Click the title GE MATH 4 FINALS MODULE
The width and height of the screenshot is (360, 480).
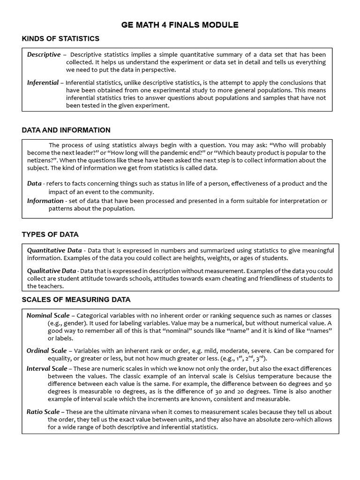click(180, 25)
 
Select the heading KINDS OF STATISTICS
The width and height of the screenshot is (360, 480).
click(60, 38)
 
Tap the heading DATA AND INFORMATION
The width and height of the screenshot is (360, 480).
click(66, 130)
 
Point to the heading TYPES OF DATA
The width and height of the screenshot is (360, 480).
click(50, 234)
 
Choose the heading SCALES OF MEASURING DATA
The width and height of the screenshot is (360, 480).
click(76, 300)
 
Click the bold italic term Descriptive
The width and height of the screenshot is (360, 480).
click(44, 55)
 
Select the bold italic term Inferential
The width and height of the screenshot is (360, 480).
click(43, 82)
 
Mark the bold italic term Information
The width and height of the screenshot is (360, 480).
click(45, 201)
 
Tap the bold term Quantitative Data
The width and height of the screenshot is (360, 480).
click(54, 250)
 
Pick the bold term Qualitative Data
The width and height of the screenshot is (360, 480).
click(52, 270)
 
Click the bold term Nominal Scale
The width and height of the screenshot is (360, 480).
click(48, 315)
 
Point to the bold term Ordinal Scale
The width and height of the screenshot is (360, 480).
click(46, 351)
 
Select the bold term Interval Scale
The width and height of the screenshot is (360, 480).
click(47, 368)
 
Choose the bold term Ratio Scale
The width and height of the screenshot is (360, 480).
click(43, 412)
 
